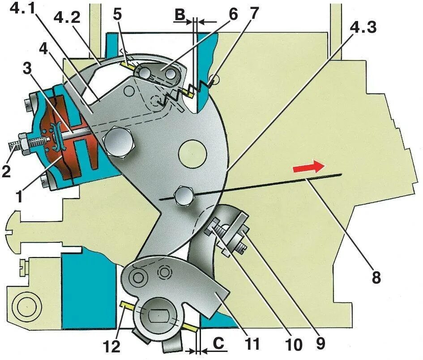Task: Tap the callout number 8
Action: tap(376, 278)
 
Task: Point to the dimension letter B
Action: tap(180, 15)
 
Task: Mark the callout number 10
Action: tap(295, 345)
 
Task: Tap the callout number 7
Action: tap(253, 13)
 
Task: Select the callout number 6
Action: tap(233, 13)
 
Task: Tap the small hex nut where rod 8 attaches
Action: tap(184, 195)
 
